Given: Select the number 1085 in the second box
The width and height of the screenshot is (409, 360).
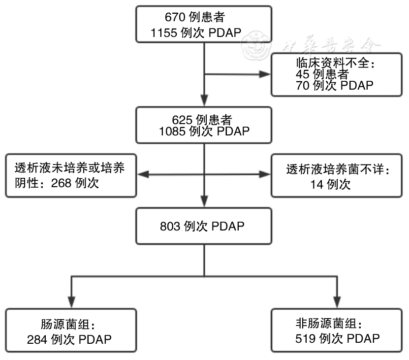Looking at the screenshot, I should coord(171,131).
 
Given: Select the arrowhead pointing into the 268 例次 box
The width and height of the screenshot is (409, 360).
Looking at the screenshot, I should coord(140,174).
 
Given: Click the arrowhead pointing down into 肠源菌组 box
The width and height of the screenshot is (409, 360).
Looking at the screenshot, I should coord(72,301).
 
